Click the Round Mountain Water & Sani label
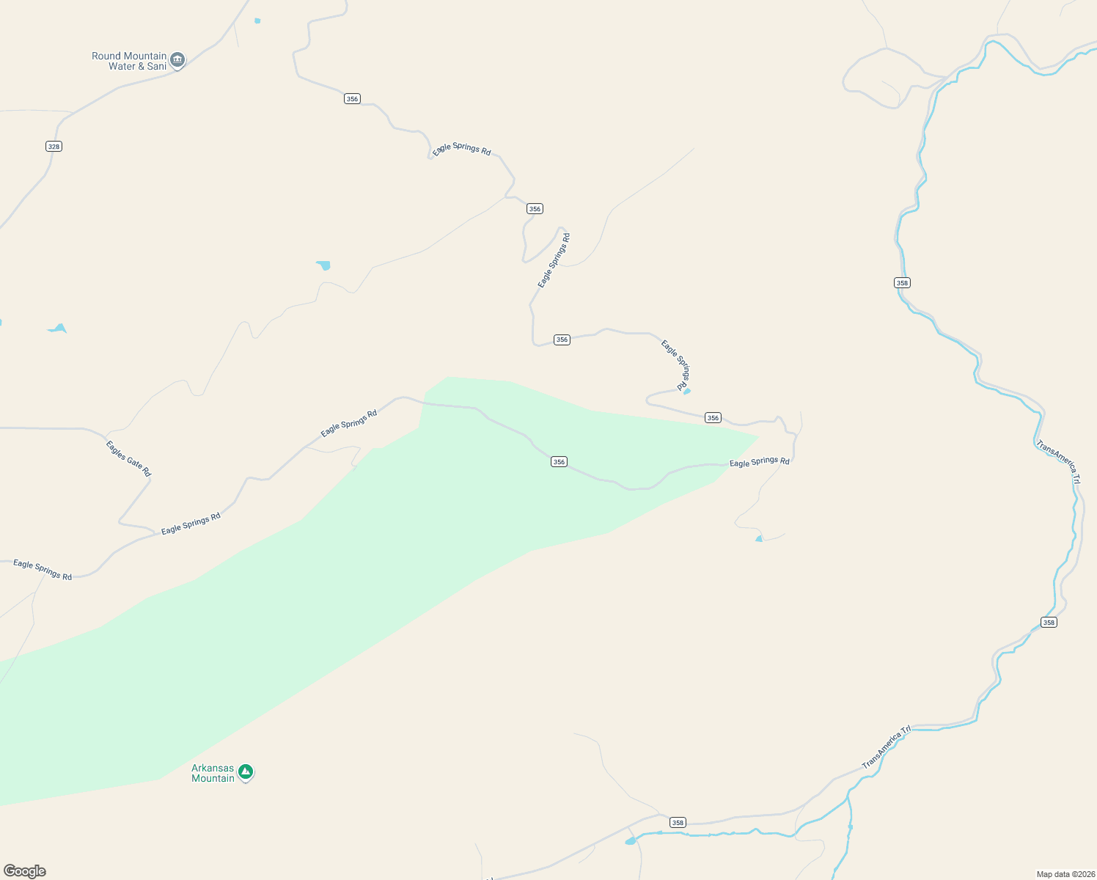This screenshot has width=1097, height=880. [x=129, y=61]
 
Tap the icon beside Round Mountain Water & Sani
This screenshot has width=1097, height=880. [x=177, y=59]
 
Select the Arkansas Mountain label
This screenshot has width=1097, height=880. [x=213, y=773]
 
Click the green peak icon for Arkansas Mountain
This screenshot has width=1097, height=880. [x=246, y=771]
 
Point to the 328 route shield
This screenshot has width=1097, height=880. [x=54, y=146]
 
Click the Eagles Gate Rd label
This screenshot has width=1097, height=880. [x=128, y=458]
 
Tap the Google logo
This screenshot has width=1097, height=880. [x=25, y=871]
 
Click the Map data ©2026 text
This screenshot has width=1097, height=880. [x=1065, y=874]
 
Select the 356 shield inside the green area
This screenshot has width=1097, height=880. [x=559, y=461]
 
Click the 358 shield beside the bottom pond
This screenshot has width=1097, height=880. [x=678, y=822]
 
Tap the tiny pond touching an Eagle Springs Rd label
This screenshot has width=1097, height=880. [x=687, y=391]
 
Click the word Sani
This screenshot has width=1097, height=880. [x=157, y=66]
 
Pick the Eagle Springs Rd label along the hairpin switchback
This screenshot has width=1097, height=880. [x=554, y=260]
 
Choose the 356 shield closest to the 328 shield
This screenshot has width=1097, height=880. [x=352, y=98]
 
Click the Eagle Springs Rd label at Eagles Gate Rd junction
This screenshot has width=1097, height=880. [x=191, y=524]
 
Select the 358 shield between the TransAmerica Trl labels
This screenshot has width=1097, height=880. [x=1049, y=622]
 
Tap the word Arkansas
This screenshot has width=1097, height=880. [x=213, y=768]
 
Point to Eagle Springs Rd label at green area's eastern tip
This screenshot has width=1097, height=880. [x=760, y=461]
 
